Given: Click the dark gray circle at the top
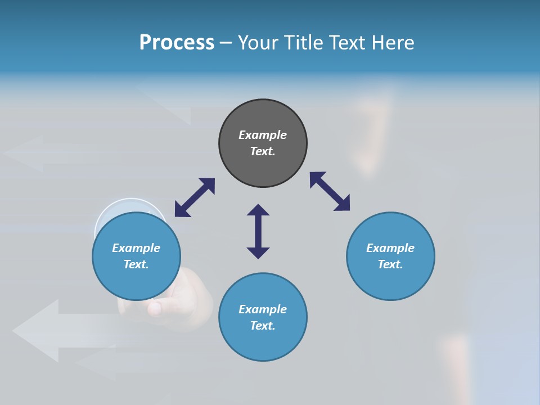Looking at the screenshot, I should tap(263, 143).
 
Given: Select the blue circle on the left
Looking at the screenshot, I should tap(136, 256).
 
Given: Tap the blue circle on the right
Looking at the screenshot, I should tap(390, 256).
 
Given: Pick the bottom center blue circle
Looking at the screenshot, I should tap(263, 317).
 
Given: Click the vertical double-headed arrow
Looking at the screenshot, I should tap(258, 231).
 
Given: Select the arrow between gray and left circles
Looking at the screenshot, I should tap(195, 197).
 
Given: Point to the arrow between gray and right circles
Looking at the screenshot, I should tap(330, 191).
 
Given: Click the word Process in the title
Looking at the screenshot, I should tap(177, 43).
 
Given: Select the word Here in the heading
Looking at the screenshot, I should tap(393, 43).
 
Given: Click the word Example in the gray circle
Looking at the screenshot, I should tap(263, 135).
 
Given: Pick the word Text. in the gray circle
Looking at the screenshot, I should tap(263, 151).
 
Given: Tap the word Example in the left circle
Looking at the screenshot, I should tap(136, 248).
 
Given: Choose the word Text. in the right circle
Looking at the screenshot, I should tap(390, 264).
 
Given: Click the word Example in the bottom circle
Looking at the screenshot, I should tap(263, 309).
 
